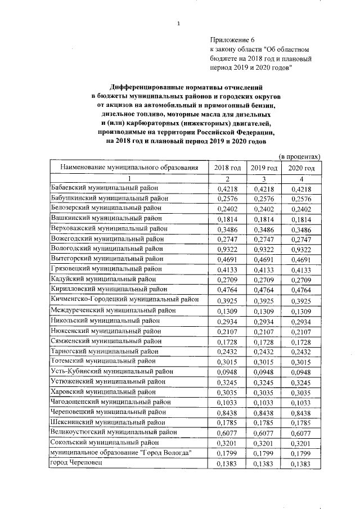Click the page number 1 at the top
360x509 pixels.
178,23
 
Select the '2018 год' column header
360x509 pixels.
228,168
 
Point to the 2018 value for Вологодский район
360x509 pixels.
228,249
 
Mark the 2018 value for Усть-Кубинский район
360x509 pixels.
228,371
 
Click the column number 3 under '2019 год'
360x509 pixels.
264,178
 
